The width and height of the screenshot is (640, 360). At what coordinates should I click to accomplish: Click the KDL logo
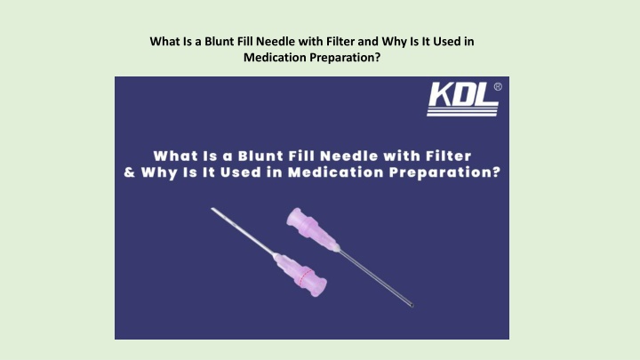coord(463,100)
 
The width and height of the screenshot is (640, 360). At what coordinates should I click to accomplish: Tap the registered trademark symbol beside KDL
coord(498,86)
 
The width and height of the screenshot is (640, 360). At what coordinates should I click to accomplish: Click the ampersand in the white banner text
coord(130,172)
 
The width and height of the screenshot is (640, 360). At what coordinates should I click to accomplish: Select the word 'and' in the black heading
coord(368,41)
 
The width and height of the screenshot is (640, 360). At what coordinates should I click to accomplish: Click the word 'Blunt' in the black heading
coord(220,41)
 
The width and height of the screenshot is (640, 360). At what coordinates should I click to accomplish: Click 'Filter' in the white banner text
coord(449,156)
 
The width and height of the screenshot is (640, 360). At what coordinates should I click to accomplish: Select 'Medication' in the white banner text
coord(336,172)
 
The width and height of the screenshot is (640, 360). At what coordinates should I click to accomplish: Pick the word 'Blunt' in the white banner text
coord(260,156)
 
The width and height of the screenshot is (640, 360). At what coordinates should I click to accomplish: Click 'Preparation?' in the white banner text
coord(444,172)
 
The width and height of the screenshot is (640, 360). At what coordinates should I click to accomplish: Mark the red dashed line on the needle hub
coord(306,277)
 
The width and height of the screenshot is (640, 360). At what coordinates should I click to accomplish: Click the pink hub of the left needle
coord(300,275)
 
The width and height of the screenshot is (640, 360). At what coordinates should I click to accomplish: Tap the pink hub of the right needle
coord(312,230)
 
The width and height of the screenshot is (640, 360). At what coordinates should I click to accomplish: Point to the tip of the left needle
coord(212,209)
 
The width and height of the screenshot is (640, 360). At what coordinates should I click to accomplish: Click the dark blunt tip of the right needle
coord(412,305)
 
